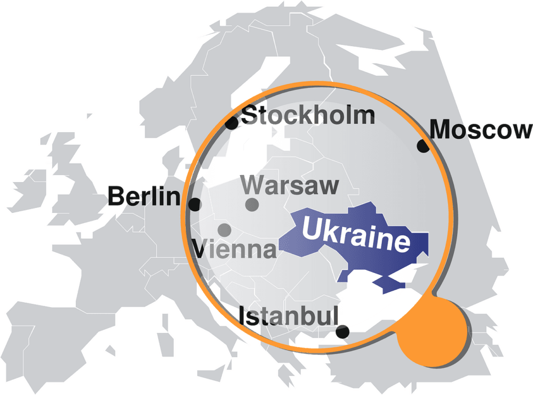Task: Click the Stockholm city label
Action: (x=309, y=116)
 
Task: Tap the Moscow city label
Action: (x=481, y=130)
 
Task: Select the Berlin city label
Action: (x=144, y=196)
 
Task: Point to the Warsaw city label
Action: (x=290, y=185)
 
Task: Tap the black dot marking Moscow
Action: (x=423, y=146)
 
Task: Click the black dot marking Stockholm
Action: (x=232, y=123)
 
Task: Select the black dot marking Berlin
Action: (x=194, y=205)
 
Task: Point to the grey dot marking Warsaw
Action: (x=252, y=205)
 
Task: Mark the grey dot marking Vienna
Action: (x=224, y=229)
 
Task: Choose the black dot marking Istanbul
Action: (x=342, y=331)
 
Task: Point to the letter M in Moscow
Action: (x=441, y=130)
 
